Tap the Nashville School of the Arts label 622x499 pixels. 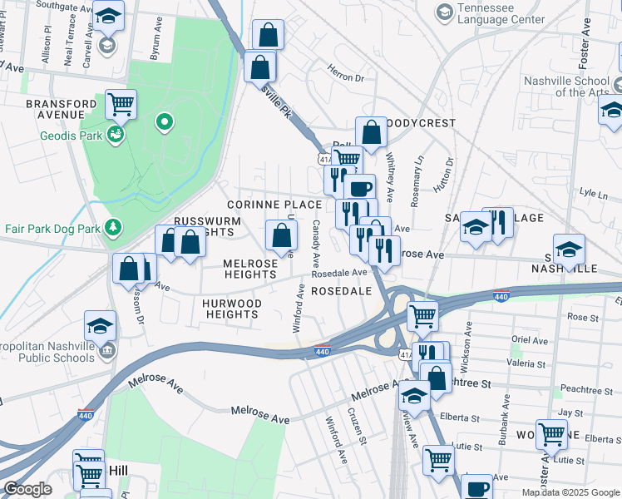coord(572,86)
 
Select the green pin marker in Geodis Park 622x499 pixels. coord(165,124)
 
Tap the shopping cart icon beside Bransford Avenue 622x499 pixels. coord(121,104)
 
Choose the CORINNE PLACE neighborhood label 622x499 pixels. coord(274,204)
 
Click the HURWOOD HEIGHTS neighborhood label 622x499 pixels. coord(232,309)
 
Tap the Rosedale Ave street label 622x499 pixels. coord(339,273)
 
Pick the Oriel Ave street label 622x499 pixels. coord(531,339)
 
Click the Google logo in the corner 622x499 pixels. coord(27,489)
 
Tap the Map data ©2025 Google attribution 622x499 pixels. coord(570,492)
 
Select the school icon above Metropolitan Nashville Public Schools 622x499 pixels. coord(100,326)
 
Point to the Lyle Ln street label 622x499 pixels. coord(594,192)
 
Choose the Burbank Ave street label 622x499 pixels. coord(504,410)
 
